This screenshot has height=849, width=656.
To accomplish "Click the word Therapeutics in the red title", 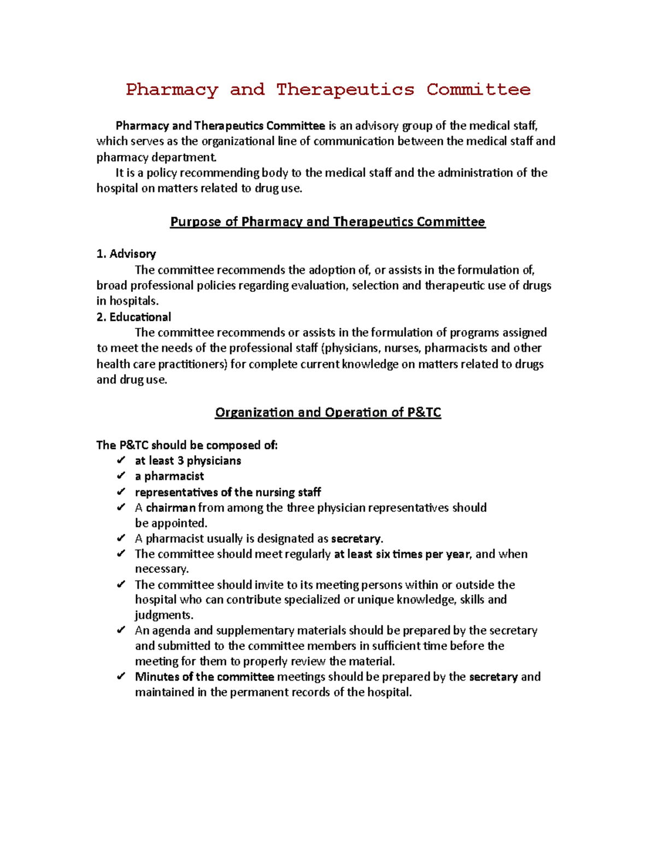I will pyautogui.click(x=345, y=89).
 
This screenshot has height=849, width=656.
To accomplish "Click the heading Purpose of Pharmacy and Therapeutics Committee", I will pyautogui.click(x=327, y=221).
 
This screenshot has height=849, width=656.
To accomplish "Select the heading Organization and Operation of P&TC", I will pyautogui.click(x=327, y=412).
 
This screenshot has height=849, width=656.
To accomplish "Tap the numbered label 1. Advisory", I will pyautogui.click(x=126, y=254).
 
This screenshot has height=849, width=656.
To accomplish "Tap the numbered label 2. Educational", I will pyautogui.click(x=133, y=317).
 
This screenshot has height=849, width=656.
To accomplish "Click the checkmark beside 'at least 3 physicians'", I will pyautogui.click(x=121, y=460).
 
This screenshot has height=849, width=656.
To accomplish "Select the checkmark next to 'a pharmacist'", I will pyautogui.click(x=121, y=476).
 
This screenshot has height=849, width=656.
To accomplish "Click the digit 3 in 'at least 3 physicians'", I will pyautogui.click(x=180, y=460).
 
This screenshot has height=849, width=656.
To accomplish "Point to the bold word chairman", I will pyautogui.click(x=171, y=507).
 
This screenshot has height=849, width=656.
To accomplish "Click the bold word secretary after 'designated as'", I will pyautogui.click(x=356, y=538).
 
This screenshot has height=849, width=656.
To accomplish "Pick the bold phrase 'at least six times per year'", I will pyautogui.click(x=401, y=554).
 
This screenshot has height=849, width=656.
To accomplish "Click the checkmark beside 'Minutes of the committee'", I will pyautogui.click(x=121, y=677).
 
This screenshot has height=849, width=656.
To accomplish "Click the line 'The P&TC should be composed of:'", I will pyautogui.click(x=187, y=445).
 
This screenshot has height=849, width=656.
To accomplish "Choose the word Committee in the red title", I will pyautogui.click(x=478, y=89).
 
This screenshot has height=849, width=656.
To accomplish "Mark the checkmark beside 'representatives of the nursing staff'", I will pyautogui.click(x=121, y=492).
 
